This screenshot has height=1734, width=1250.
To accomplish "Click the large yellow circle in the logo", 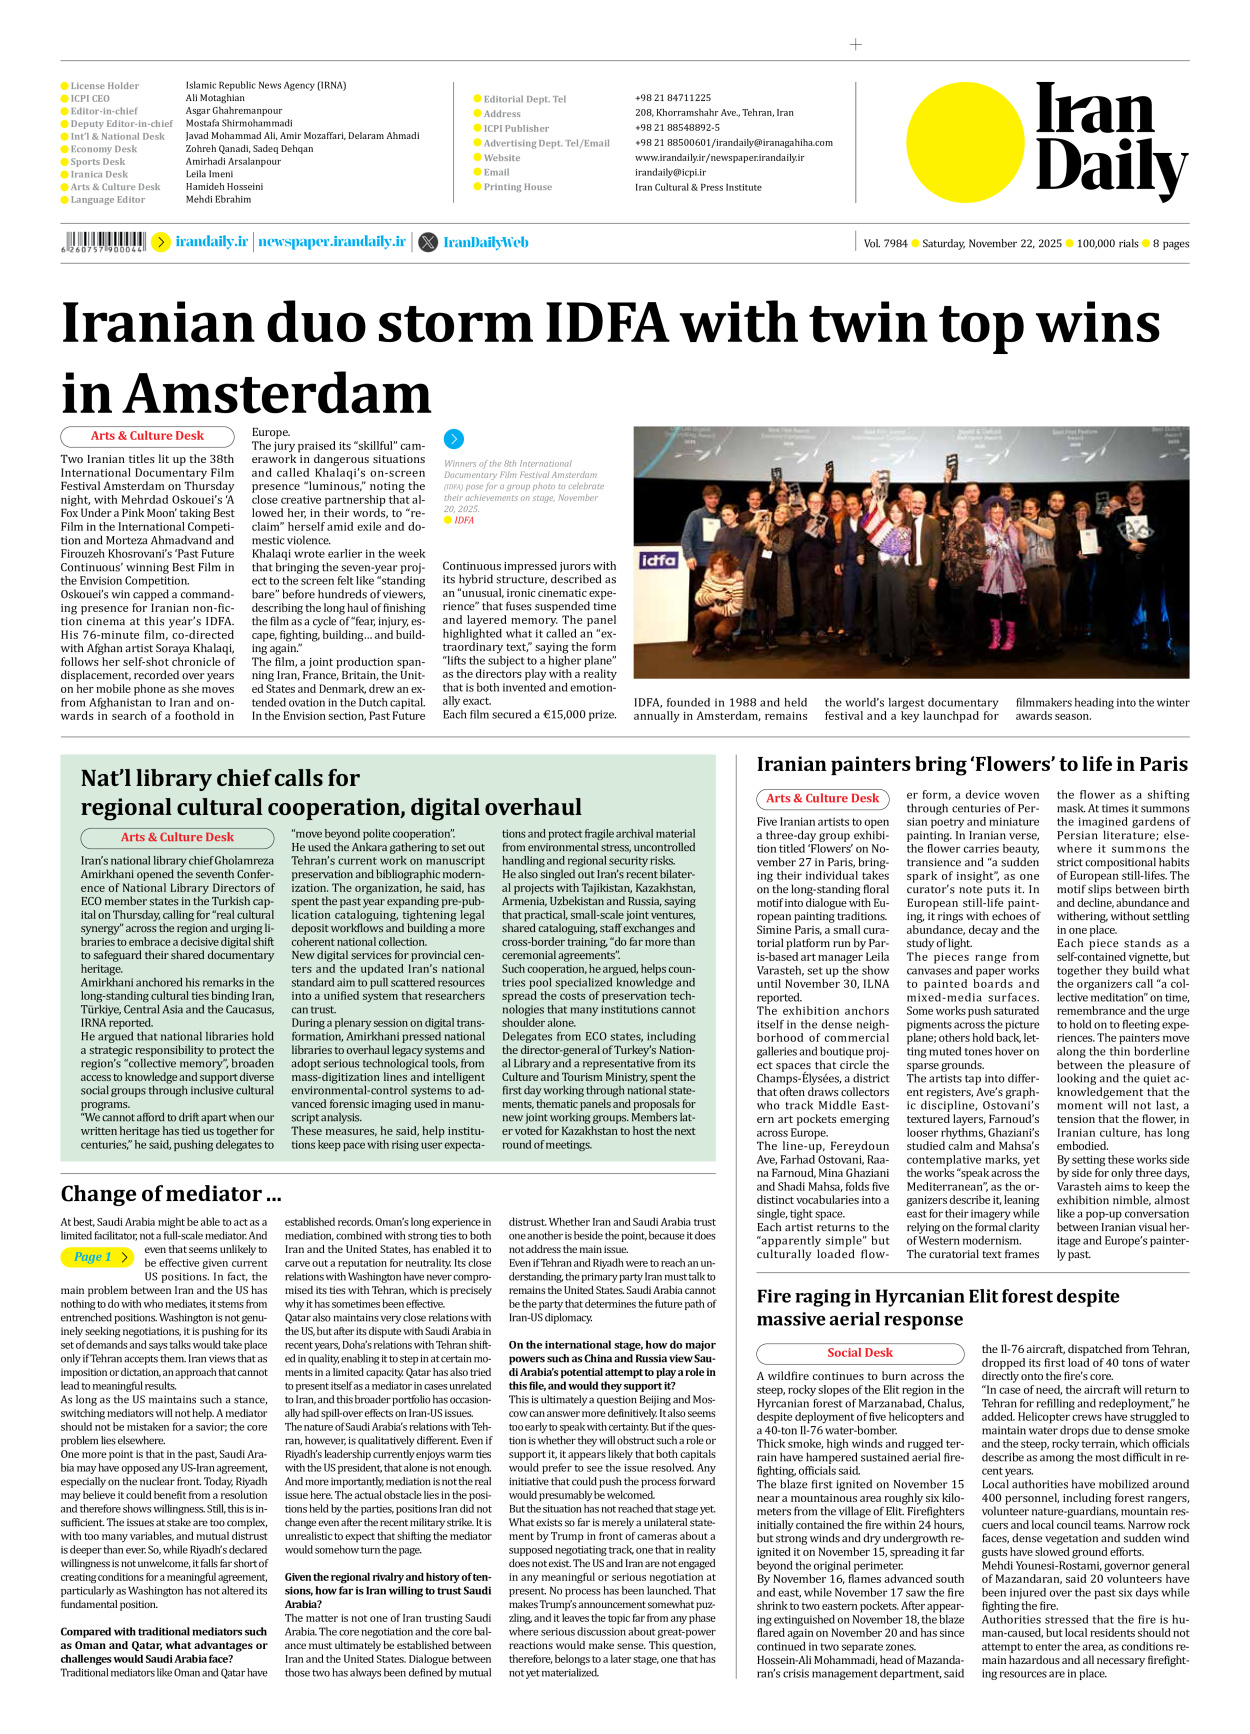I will coord(966,142).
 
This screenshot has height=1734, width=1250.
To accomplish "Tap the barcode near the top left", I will coord(104,241).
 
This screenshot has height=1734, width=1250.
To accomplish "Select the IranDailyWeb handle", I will coord(485,242).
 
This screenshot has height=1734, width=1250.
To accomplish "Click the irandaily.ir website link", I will coord(211,242).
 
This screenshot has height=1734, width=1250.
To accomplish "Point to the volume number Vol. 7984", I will coord(885,243).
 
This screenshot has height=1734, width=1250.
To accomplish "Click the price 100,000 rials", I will coord(1107,243).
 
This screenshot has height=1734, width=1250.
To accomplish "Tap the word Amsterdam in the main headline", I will coord(246,393).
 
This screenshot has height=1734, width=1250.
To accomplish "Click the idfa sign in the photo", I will coord(659,560).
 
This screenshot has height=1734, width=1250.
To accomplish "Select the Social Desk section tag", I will coord(859,1352).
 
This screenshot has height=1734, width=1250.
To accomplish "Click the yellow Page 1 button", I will coord(97,1257).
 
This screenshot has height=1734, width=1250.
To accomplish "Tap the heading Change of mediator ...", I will coord(170,1193).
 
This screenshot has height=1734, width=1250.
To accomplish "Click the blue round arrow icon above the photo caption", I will coord(453,439).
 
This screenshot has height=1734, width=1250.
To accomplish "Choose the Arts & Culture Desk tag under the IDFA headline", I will coord(147,436).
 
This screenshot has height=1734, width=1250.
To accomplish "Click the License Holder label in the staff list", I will coord(104,86).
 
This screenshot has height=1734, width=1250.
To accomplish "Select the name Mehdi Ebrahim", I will coord(218,199).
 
